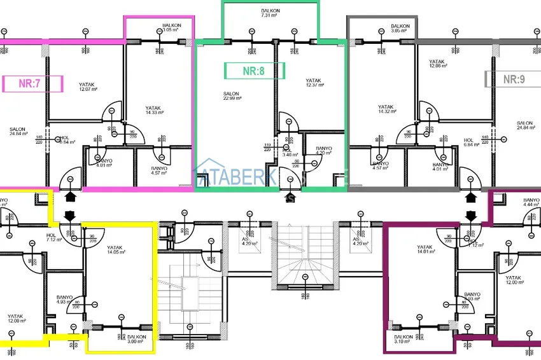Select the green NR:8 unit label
(254, 71)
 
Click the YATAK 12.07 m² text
(87, 87)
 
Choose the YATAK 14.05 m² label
(115, 250)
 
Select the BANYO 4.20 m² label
(324, 151)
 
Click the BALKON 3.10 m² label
(404, 339)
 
